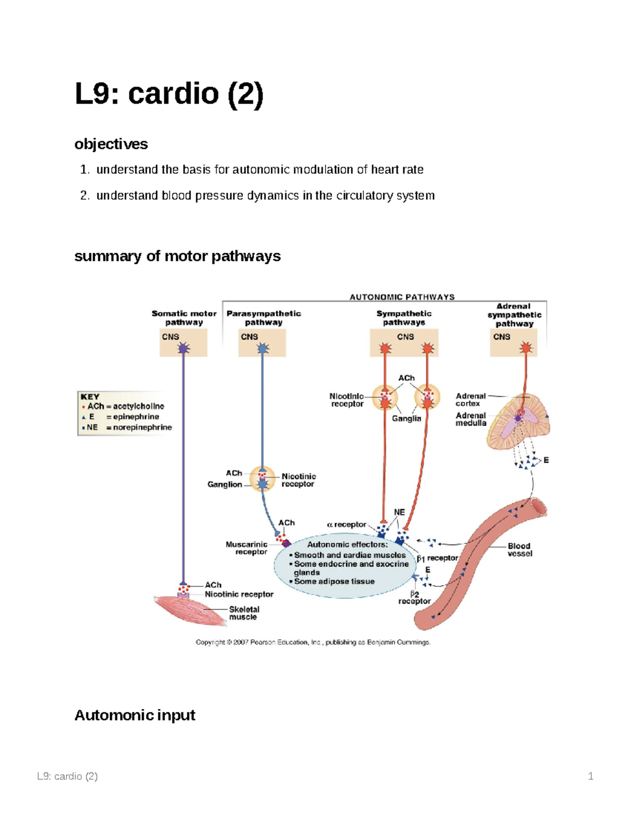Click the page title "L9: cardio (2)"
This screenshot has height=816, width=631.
click(x=169, y=94)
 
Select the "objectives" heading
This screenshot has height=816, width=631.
click(x=111, y=144)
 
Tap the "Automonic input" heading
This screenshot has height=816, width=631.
click(x=135, y=715)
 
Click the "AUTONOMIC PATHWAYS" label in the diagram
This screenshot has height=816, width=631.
click(x=402, y=297)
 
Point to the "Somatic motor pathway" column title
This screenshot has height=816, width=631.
click(x=184, y=318)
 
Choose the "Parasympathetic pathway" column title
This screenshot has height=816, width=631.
click(x=263, y=318)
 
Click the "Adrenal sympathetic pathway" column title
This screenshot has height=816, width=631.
click(x=514, y=315)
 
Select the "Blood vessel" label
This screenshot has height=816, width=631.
click(x=520, y=550)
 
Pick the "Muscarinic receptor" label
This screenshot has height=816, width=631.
click(x=247, y=548)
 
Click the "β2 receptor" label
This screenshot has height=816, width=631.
click(x=414, y=598)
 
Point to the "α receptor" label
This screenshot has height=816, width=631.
click(x=347, y=524)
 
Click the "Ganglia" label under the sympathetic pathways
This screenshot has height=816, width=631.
click(x=406, y=419)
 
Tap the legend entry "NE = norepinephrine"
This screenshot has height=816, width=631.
click(x=127, y=428)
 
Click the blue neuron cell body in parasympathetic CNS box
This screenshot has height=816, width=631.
click(x=262, y=348)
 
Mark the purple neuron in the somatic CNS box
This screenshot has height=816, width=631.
click(x=184, y=348)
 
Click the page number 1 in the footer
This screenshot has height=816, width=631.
click(x=591, y=776)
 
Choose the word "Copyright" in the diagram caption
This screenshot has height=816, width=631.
click(x=210, y=642)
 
